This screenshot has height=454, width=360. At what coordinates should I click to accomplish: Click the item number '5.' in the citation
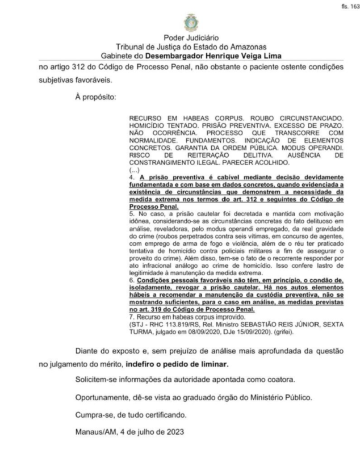132,216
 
